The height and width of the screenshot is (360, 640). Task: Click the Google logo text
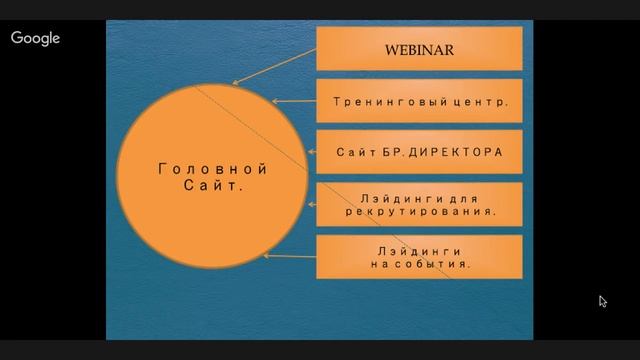point(36,38)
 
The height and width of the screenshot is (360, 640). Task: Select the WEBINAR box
point(420,49)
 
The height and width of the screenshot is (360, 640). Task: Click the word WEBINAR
point(420,49)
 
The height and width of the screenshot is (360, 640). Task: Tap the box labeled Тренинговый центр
point(420,101)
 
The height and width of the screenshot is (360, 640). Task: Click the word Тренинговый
point(394,101)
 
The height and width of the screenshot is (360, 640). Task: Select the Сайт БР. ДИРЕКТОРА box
point(420,153)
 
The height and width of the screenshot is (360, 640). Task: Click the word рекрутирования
point(420,212)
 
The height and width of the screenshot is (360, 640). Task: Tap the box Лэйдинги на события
point(420,257)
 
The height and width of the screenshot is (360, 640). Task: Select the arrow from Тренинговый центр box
point(293,101)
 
